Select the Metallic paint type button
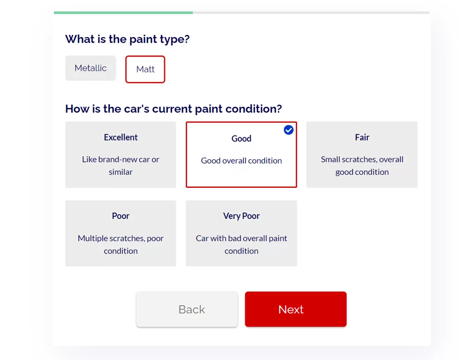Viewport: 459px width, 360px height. (x=90, y=68)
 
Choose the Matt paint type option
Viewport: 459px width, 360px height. (x=145, y=69)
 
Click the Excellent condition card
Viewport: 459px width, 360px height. (x=120, y=154)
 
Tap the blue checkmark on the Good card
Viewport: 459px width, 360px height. (x=289, y=130)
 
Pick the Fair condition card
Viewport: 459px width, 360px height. (x=362, y=154)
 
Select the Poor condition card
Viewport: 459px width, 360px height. (x=120, y=233)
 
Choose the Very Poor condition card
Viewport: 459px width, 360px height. (x=241, y=233)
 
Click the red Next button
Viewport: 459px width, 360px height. (x=296, y=309)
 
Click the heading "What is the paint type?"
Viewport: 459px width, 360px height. (x=128, y=39)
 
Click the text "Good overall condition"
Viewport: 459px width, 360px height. (x=241, y=161)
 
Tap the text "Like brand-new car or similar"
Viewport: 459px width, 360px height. (x=120, y=165)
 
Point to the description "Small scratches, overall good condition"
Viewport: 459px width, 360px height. (x=362, y=165)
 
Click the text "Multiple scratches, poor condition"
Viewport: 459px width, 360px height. (x=120, y=244)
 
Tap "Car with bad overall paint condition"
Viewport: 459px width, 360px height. (x=241, y=244)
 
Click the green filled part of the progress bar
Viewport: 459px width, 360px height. (x=123, y=13)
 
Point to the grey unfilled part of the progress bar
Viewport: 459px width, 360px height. (x=311, y=13)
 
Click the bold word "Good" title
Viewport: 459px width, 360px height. (x=241, y=139)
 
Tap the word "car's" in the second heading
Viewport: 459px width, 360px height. (x=138, y=109)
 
